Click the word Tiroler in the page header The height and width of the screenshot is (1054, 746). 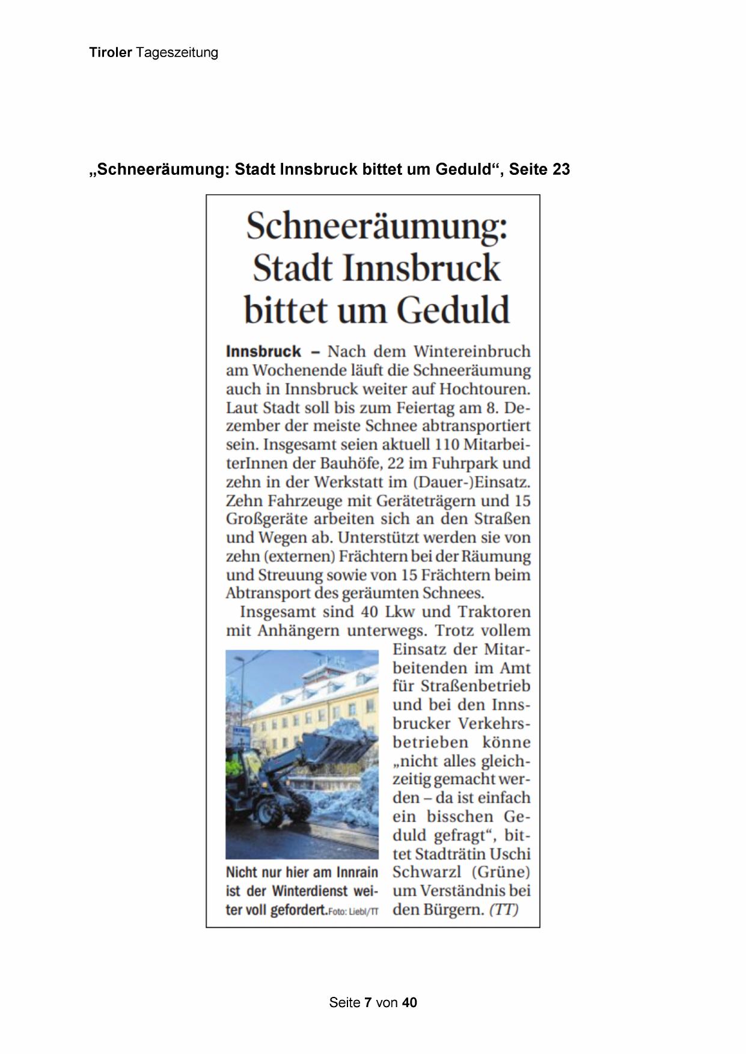[110, 53]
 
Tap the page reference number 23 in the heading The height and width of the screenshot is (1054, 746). [560, 169]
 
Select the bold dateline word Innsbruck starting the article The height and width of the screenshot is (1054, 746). [263, 352]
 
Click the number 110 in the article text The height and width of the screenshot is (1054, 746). [447, 445]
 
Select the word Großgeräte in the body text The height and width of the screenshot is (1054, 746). [266, 519]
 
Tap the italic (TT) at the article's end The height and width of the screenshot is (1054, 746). [504, 909]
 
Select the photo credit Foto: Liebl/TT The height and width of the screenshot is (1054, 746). [353, 911]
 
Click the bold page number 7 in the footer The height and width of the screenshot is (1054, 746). [368, 1002]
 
